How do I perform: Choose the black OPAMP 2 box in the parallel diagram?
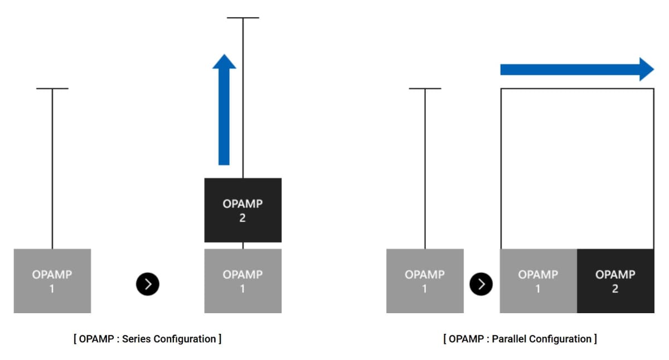615,281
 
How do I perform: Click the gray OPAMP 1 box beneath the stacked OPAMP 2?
243,281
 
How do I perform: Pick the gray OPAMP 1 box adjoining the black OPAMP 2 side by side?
538,281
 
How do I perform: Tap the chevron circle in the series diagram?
148,284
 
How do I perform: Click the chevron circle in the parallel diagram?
481,284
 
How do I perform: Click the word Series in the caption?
137,339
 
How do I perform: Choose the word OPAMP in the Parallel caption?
466,339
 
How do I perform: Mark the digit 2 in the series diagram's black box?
243,218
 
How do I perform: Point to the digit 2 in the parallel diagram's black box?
615,289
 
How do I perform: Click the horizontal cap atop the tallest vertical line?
243,18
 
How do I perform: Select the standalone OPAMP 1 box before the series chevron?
52,281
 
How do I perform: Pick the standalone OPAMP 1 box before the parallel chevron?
425,281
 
